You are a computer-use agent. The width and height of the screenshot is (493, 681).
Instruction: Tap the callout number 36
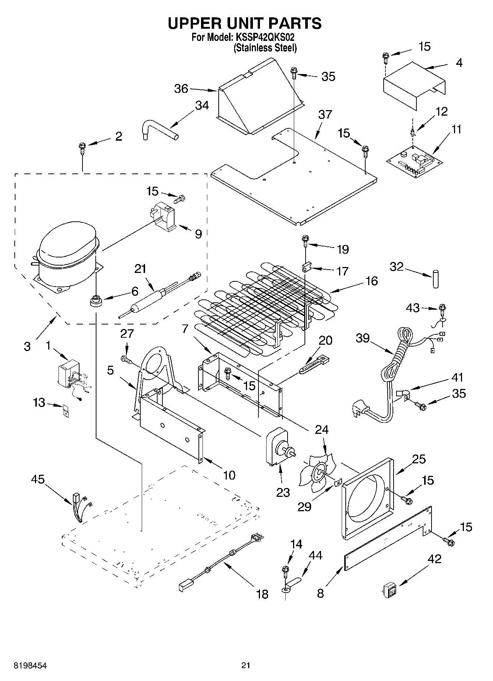[181, 89]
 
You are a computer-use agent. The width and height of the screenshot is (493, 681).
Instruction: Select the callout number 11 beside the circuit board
[456, 130]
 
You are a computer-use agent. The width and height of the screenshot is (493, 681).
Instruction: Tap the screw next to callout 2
[82, 149]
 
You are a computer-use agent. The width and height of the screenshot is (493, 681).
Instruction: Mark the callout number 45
[38, 479]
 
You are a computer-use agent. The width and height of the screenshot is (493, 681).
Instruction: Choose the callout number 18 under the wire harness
[262, 594]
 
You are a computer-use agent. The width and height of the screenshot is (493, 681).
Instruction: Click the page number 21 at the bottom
[246, 665]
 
